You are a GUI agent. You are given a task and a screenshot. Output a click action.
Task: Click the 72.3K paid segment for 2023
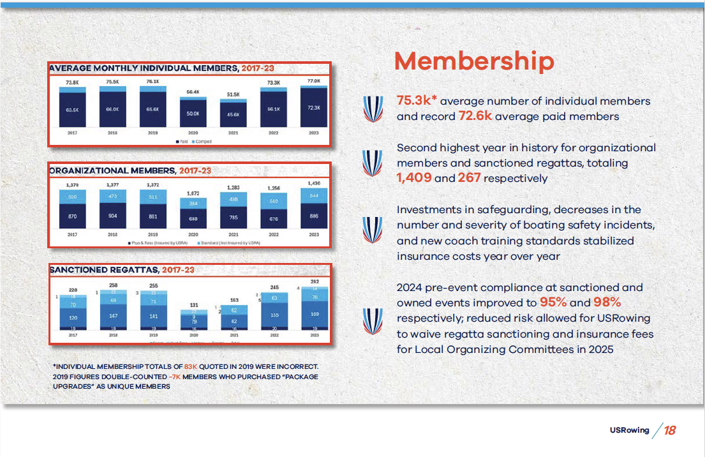[x=313, y=108]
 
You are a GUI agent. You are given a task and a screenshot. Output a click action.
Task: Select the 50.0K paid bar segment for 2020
[x=193, y=113]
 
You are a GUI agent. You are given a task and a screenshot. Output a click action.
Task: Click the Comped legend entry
[x=203, y=141]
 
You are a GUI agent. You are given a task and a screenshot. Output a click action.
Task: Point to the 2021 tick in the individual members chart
[x=233, y=132]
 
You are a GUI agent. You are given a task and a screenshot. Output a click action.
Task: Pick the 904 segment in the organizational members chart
[x=112, y=216]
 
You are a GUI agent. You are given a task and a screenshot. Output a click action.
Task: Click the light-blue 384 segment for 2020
[x=193, y=204]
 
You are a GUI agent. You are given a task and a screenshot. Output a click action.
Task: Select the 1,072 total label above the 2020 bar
[x=193, y=192]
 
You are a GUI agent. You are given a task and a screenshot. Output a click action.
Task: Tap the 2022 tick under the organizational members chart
[x=273, y=234]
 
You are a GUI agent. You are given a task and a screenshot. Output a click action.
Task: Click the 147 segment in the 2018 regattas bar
[x=112, y=317]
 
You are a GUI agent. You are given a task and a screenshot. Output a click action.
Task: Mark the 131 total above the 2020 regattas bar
[x=193, y=304]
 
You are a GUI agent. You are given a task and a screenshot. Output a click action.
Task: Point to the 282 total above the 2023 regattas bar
[x=313, y=281]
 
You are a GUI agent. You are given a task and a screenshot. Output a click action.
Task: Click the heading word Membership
[x=474, y=61]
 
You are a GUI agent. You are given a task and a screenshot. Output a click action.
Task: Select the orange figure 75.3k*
[x=417, y=101]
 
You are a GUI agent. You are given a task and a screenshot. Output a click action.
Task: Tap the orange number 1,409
[x=413, y=179]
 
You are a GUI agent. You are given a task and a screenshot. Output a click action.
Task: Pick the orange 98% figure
[x=607, y=303]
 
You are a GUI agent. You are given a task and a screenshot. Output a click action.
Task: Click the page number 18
[x=669, y=430]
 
